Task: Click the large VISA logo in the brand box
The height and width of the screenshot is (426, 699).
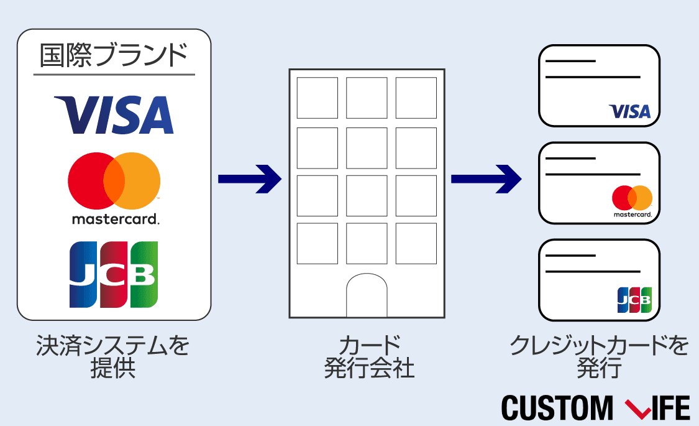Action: (114, 115)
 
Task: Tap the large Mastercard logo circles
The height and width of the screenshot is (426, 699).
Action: (114, 181)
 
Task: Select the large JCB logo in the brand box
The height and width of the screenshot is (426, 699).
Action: (114, 274)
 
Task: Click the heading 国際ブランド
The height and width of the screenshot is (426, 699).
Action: (114, 57)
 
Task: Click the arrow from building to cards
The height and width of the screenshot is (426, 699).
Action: (485, 179)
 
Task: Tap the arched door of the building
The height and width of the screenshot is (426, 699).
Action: (367, 295)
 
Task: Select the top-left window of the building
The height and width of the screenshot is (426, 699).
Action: (317, 98)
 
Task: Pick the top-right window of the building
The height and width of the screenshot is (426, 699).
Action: (416, 98)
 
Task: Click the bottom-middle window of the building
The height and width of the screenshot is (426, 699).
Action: (367, 243)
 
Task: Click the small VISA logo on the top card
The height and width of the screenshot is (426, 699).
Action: (629, 111)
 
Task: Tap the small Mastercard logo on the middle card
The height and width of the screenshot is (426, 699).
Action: (632, 198)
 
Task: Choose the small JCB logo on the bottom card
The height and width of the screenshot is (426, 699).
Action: (634, 300)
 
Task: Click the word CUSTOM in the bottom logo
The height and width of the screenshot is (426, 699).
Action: (556, 408)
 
